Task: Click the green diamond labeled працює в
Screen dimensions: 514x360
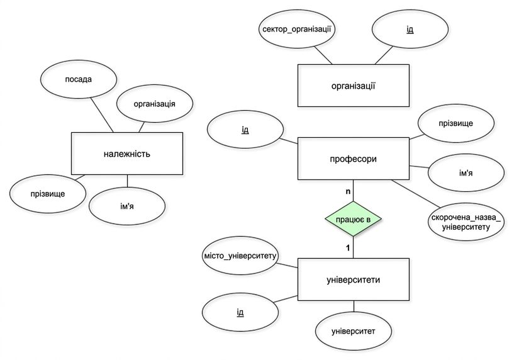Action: pyautogui.click(x=354, y=218)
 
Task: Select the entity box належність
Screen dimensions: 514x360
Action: pyautogui.click(x=127, y=154)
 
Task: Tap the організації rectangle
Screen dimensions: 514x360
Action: pyautogui.click(x=354, y=86)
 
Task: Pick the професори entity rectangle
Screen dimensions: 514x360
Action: pyautogui.click(x=354, y=159)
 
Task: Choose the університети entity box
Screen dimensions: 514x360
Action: pyautogui.click(x=354, y=279)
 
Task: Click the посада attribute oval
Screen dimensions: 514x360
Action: pyautogui.click(x=79, y=79)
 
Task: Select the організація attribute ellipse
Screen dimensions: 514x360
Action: pyautogui.click(x=155, y=104)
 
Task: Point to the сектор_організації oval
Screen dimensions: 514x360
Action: pyautogui.click(x=297, y=30)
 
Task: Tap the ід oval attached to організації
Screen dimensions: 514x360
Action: pyautogui.click(x=410, y=30)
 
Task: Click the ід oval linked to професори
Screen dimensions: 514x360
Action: pyautogui.click(x=245, y=130)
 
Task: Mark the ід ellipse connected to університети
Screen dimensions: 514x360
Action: pyautogui.click(x=240, y=312)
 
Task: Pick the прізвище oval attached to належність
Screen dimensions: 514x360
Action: pyautogui.click(x=48, y=194)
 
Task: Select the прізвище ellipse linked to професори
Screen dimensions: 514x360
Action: pyautogui.click(x=456, y=123)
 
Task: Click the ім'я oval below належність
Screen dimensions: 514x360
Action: pyautogui.click(x=127, y=206)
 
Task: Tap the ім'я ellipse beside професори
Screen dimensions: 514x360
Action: pyautogui.click(x=466, y=173)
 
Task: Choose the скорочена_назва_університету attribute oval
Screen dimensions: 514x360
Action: pyautogui.click(x=466, y=222)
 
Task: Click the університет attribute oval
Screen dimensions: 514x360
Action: pyautogui.click(x=354, y=331)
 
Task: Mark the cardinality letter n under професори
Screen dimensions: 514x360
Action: pyautogui.click(x=348, y=191)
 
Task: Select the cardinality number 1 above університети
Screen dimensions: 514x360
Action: pyautogui.click(x=348, y=248)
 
